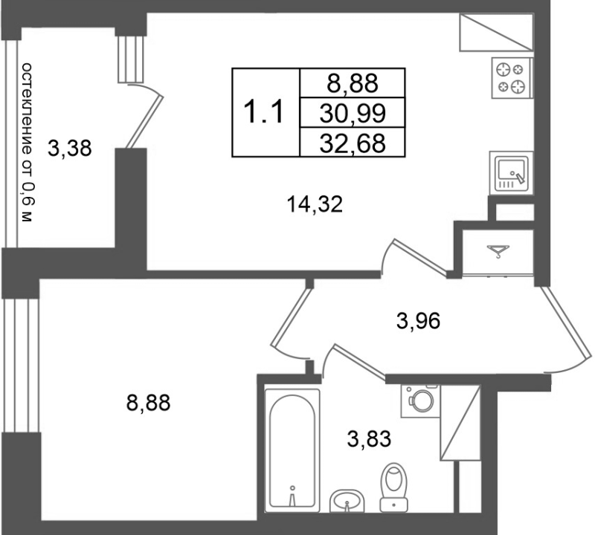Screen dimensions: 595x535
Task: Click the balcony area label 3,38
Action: coord(69,149)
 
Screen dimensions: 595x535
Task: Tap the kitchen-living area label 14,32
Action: coord(315,204)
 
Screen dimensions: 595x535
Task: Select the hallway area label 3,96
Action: coord(418,322)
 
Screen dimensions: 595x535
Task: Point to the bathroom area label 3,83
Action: coord(369,439)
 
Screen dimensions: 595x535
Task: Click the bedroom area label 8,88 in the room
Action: coord(148,403)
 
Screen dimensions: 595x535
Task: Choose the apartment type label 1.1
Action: coord(264,113)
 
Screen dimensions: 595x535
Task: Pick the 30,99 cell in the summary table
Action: coord(353,113)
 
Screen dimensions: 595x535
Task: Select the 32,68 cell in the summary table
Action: coord(353,143)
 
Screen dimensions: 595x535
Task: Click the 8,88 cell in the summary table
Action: coord(353,83)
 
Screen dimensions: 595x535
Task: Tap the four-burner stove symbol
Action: coord(512,78)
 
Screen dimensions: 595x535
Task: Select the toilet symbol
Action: coord(394,487)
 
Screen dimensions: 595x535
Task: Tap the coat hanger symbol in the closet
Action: coord(498,250)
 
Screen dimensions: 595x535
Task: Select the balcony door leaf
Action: coord(144,122)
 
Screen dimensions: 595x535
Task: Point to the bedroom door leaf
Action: coord(292,317)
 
